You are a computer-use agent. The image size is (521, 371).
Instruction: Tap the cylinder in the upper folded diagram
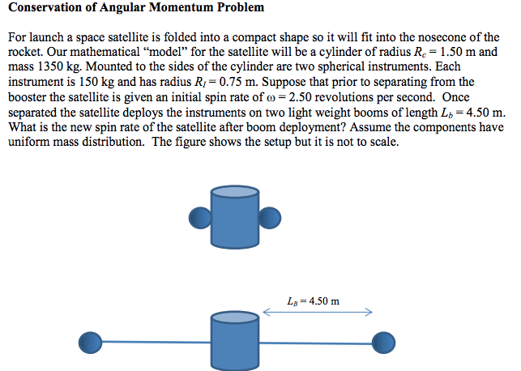tap(235, 210)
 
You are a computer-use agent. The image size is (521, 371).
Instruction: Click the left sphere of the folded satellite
tap(199, 217)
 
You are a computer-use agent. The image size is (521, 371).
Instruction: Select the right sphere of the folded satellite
tap(271, 217)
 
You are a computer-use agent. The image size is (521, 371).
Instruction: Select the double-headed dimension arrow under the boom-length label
tap(318, 312)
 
